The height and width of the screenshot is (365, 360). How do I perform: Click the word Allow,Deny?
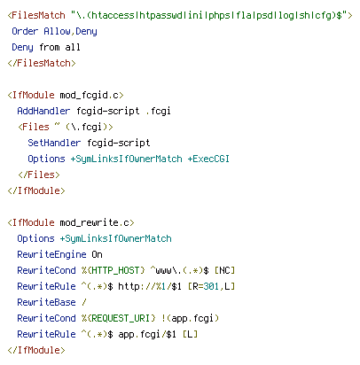[x=70, y=31]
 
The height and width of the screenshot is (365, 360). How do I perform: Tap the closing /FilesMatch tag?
[x=42, y=63]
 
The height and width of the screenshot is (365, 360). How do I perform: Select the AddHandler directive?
[x=43, y=111]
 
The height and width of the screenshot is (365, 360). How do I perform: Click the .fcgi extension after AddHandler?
[x=158, y=111]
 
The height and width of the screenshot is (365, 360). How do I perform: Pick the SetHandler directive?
[x=54, y=143]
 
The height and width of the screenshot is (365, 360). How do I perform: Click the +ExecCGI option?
[x=208, y=159]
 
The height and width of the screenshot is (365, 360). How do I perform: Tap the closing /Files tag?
[x=39, y=175]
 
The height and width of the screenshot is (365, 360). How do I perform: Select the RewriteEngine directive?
[x=51, y=254]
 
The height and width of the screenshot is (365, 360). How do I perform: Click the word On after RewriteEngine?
[x=97, y=254]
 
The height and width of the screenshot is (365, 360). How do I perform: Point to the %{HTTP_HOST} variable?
[x=113, y=270]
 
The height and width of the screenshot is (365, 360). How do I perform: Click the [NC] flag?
[x=224, y=270]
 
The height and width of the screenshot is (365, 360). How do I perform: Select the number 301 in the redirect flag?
[x=211, y=286]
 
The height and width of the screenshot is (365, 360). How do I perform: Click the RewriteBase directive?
[x=46, y=302]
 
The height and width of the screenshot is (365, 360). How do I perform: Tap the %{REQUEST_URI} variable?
[x=119, y=318]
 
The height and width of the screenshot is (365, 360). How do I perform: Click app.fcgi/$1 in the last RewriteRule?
[x=147, y=334]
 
